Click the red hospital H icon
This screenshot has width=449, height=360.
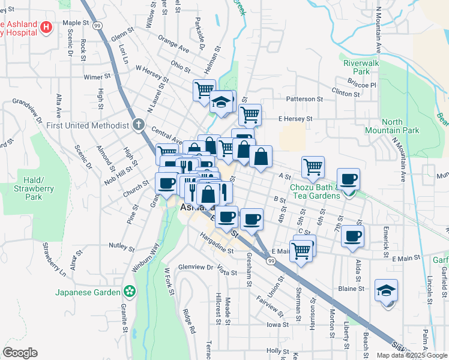(x=46, y=27)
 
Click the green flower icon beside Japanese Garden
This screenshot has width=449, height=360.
(x=128, y=292)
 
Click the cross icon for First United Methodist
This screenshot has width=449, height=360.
(x=139, y=125)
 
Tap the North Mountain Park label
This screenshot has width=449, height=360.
(x=384, y=126)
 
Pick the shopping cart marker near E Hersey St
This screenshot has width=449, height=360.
(x=250, y=113)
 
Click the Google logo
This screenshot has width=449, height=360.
(x=20, y=353)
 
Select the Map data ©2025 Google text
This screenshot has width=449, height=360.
(x=412, y=355)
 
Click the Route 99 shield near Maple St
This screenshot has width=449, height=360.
(x=97, y=26)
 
